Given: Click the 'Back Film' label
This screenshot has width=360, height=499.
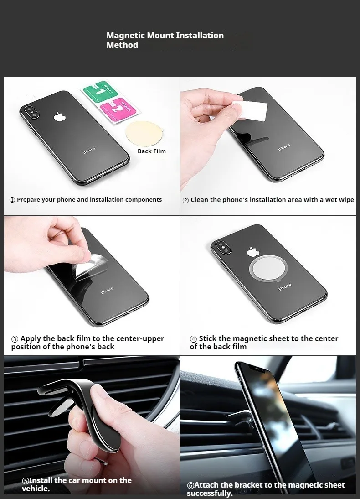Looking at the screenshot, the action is (x=152, y=151).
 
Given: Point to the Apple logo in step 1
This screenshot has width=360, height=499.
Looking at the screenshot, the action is (x=60, y=116).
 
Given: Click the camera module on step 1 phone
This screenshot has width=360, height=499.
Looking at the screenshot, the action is (x=31, y=113).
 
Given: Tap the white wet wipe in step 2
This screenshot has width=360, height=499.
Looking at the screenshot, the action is (x=249, y=110).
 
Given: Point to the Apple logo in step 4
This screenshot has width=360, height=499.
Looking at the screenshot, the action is (x=253, y=251).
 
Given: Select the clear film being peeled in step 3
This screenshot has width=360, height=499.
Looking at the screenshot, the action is (x=90, y=267).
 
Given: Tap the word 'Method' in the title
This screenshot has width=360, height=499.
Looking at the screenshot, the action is (x=123, y=45).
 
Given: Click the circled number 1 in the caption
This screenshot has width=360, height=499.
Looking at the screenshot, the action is (x=12, y=200).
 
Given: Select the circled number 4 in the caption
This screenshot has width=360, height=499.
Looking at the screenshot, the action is (x=193, y=339).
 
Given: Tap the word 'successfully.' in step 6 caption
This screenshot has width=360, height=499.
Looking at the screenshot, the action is (x=210, y=493).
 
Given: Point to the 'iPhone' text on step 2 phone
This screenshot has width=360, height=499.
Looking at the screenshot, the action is (x=284, y=147).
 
